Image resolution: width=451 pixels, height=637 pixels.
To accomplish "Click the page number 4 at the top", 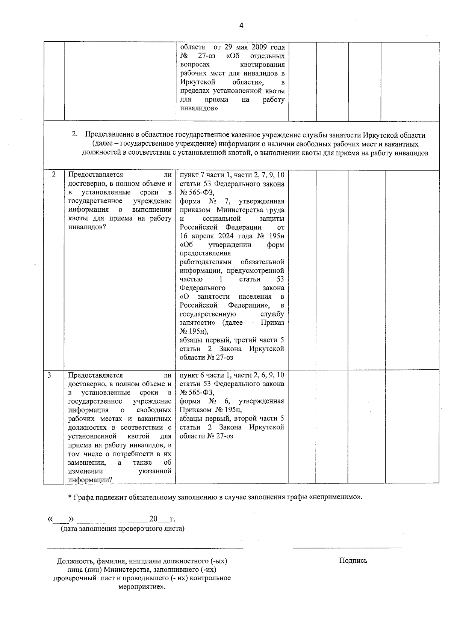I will tap(241, 26).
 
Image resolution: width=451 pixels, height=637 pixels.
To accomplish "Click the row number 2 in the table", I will tap(54, 175).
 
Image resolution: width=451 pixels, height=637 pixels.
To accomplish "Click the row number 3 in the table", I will tap(50, 375).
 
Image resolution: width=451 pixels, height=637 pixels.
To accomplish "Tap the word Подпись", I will tap(353, 561).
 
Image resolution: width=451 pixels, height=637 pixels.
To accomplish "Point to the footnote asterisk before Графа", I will tap(70, 498).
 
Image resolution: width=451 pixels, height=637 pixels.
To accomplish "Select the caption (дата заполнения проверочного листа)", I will tap(123, 529).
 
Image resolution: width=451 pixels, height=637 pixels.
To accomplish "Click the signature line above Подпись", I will tap(347, 548).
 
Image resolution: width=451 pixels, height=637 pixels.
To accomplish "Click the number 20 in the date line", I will tap(153, 519).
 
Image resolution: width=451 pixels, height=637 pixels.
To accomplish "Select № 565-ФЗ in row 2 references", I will tap(196, 193).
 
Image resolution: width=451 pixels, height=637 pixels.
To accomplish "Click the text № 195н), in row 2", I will tap(194, 331).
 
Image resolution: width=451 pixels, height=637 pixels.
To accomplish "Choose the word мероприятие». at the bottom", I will tap(141, 586).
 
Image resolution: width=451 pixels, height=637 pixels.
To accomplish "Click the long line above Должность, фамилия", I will tap(145, 548).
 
